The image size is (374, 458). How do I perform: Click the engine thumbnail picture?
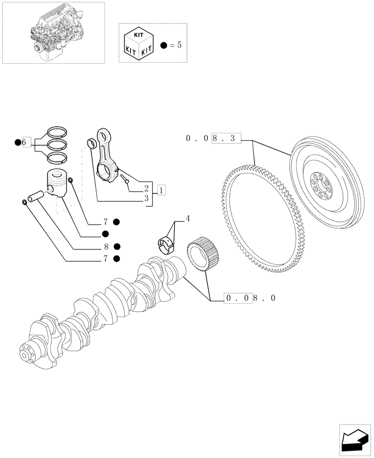(x=53, y=33)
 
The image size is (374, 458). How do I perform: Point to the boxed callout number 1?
(x=161, y=189)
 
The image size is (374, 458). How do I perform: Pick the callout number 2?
(x=146, y=188)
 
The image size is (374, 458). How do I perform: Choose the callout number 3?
(x=146, y=198)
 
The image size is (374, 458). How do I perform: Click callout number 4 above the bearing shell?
(x=187, y=219)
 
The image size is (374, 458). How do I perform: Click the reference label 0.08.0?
(x=250, y=298)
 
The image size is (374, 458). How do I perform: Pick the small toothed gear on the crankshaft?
(x=203, y=254)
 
